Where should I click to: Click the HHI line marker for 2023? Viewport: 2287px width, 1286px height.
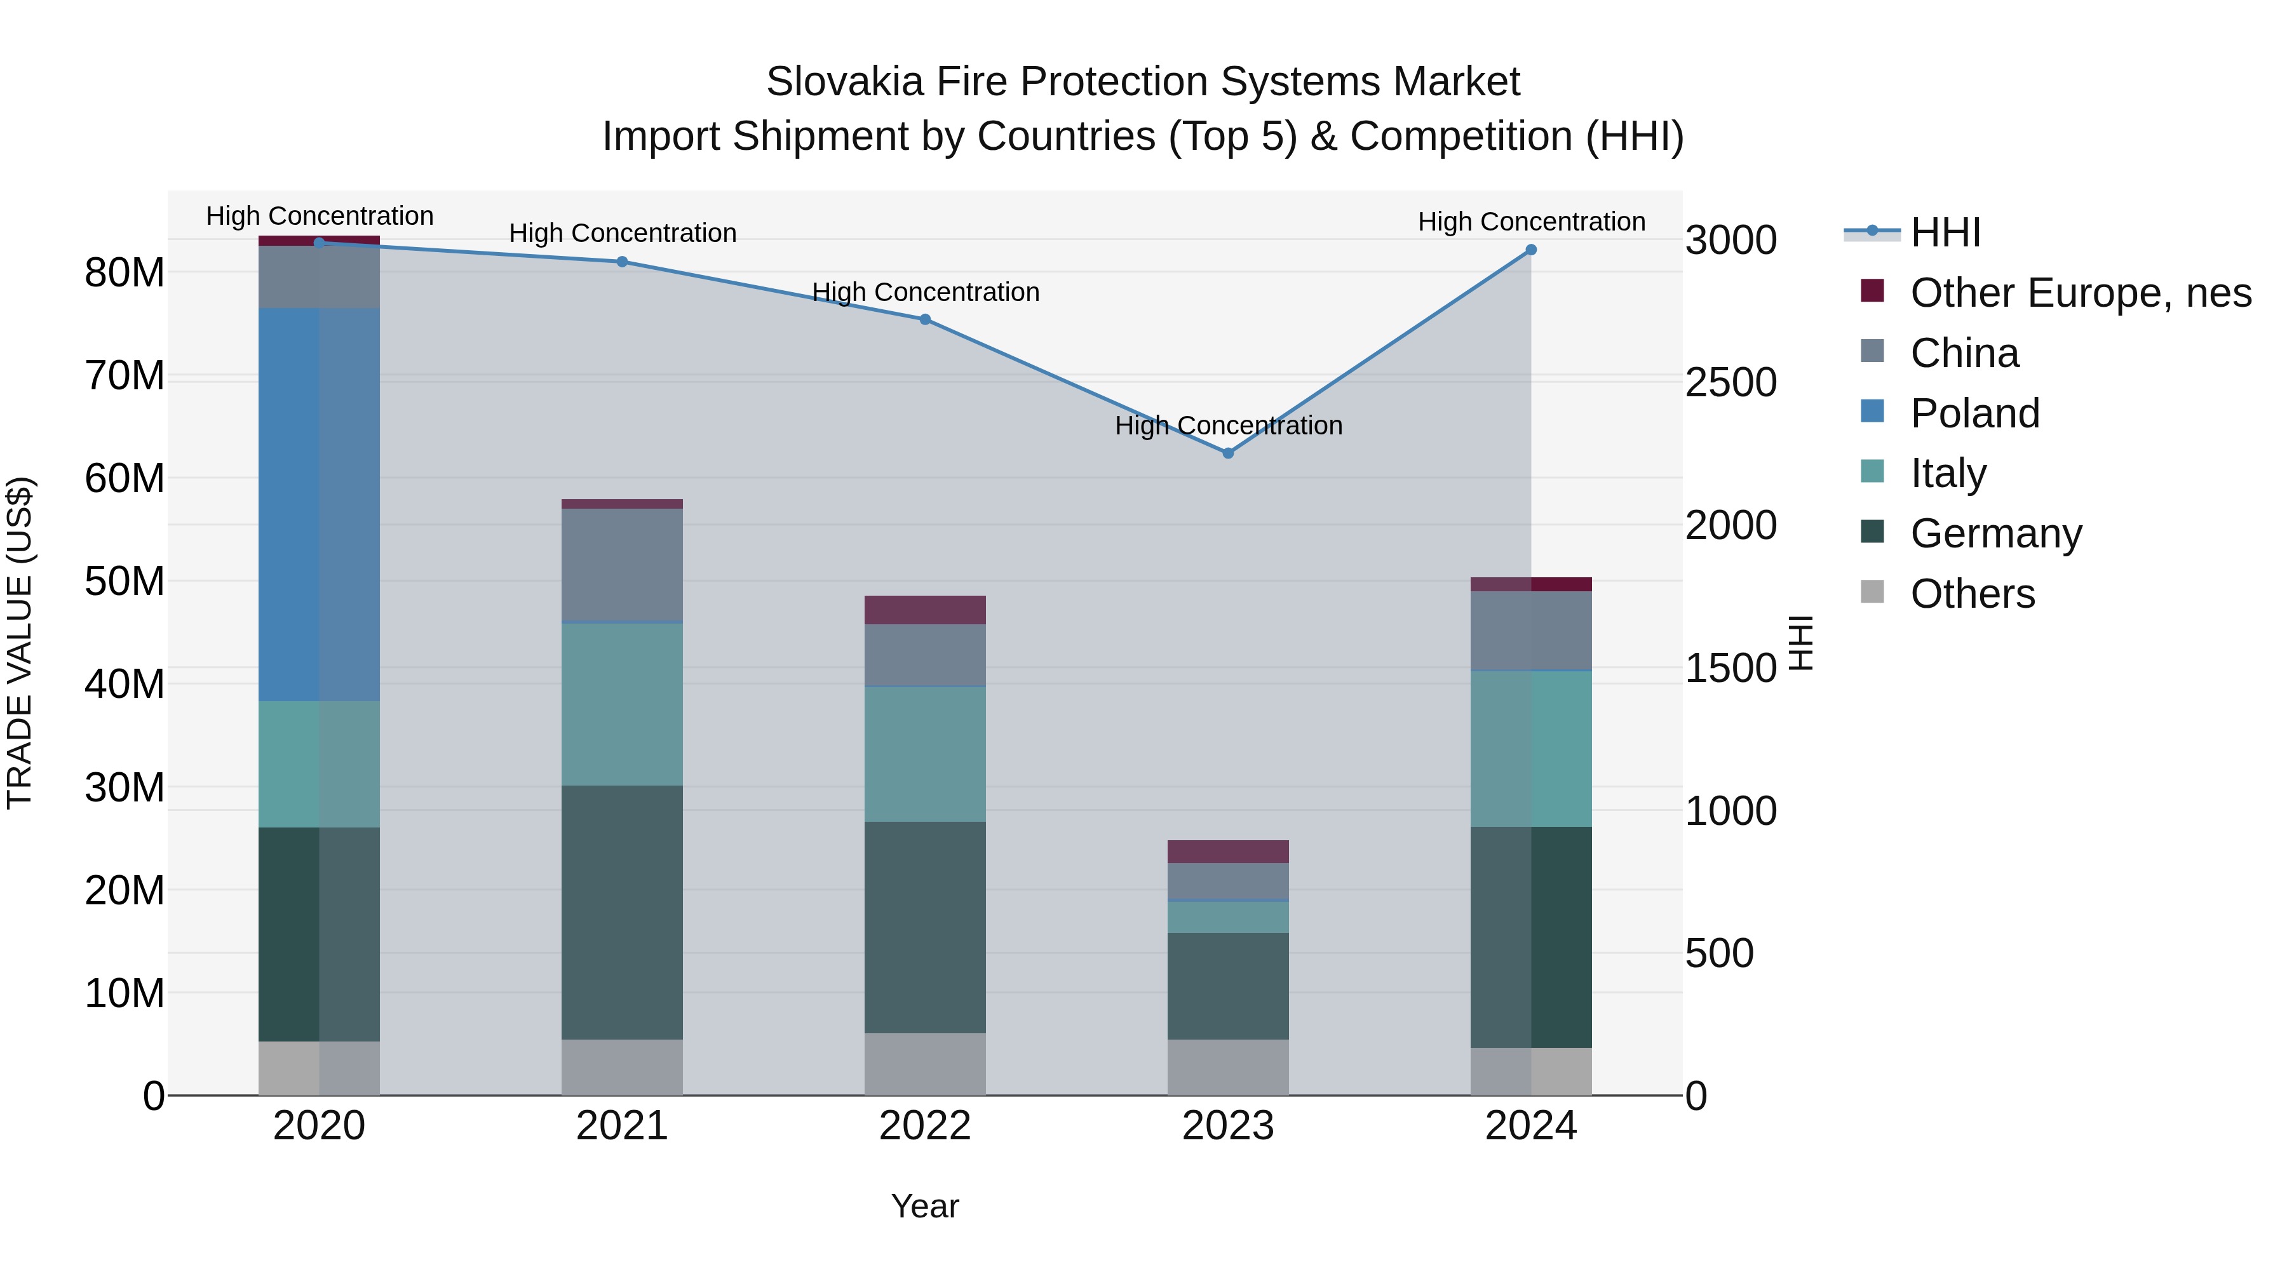[x=1228, y=453]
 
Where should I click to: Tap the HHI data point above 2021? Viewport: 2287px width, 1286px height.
[x=623, y=262]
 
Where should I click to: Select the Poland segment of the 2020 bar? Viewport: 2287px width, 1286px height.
[x=319, y=504]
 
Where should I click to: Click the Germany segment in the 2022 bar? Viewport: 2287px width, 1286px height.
[x=925, y=927]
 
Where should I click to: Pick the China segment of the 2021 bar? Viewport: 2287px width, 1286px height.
[x=623, y=565]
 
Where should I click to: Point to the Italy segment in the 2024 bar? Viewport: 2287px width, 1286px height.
[x=1530, y=749]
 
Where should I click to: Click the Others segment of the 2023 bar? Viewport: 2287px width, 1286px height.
[x=1228, y=1068]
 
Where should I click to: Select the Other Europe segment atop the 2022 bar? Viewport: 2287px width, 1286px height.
[x=925, y=610]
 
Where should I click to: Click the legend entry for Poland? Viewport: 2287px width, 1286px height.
[x=1974, y=413]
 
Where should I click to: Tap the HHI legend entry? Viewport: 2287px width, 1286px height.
[x=1945, y=232]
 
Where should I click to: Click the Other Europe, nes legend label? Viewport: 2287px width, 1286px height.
[x=2080, y=293]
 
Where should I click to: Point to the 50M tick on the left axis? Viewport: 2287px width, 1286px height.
[x=125, y=581]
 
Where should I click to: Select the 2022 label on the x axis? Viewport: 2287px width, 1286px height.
[x=925, y=1126]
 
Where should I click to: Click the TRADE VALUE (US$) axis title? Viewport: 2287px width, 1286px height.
[x=20, y=643]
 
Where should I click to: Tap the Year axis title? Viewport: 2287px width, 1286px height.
[x=925, y=1206]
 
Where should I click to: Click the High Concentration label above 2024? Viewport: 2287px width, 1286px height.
[x=1530, y=222]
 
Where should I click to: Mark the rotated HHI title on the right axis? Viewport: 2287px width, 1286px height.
[x=1800, y=643]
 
